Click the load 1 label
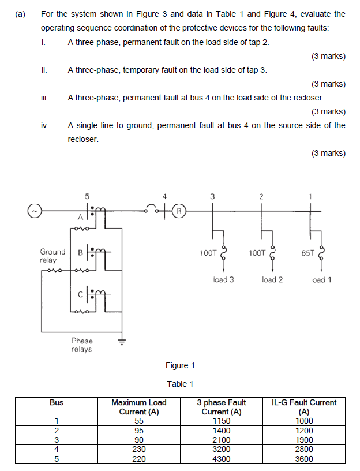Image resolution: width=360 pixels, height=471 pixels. (x=321, y=280)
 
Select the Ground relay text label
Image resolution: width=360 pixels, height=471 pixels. (x=52, y=256)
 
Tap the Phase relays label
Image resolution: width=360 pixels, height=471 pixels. (x=81, y=345)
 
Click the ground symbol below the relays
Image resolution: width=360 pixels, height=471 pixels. (x=121, y=341)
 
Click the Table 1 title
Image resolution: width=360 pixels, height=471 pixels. (x=180, y=384)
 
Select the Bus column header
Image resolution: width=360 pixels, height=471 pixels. (x=57, y=402)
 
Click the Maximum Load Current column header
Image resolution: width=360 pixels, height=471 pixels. (x=138, y=406)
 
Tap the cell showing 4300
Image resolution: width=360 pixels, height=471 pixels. (x=221, y=458)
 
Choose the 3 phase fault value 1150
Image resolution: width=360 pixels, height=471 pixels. (x=221, y=421)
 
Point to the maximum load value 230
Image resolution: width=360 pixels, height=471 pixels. (x=138, y=449)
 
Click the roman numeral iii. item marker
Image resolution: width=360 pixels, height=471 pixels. (x=44, y=98)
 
